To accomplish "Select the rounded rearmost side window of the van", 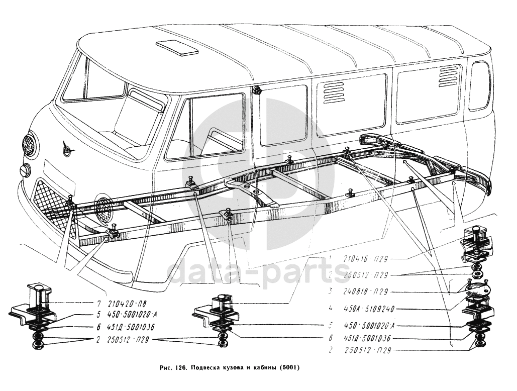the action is coord(480,85).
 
